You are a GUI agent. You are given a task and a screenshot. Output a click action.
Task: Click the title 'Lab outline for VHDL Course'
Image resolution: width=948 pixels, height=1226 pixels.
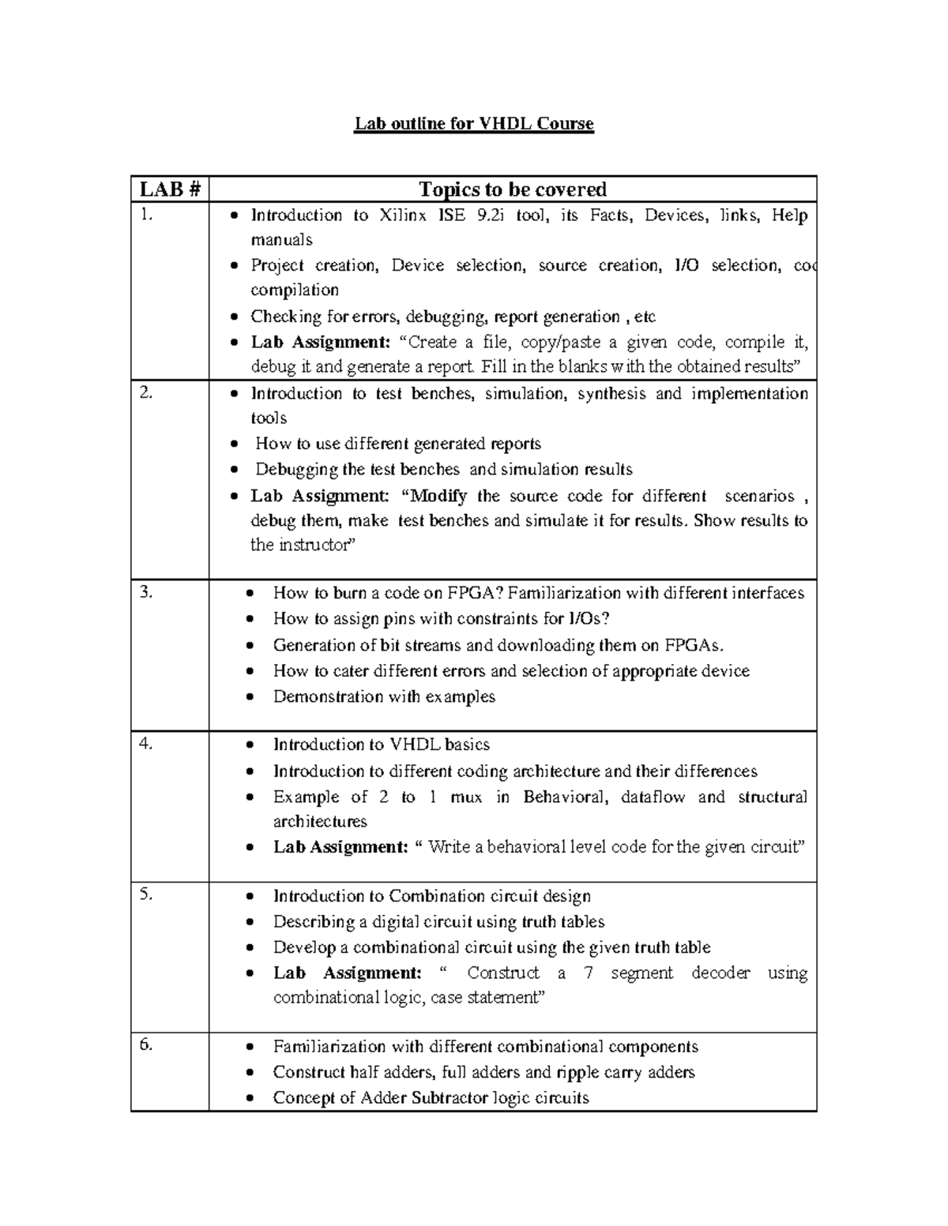coord(473,124)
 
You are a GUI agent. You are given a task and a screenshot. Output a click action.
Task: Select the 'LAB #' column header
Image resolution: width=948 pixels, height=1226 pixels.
coord(170,189)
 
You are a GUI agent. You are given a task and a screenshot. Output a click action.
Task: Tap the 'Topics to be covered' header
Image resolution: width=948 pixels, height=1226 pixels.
coord(513,189)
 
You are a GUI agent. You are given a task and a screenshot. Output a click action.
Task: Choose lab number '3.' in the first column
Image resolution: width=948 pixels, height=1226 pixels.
coord(146,593)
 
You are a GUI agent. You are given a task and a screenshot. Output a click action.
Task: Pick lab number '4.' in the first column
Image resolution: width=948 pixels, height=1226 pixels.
coord(146,744)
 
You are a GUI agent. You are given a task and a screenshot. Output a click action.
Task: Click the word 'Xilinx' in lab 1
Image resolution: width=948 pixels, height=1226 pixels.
coord(404,216)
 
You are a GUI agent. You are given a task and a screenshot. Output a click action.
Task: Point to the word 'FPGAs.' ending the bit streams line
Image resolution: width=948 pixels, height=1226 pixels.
coord(693,645)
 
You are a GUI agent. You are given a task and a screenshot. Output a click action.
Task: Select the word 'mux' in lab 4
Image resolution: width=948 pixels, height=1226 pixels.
coord(465,797)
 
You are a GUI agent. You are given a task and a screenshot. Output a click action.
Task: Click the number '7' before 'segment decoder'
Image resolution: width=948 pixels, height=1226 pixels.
coord(588,973)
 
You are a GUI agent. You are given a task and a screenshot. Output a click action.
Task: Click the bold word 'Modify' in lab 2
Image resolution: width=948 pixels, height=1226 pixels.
coord(438,496)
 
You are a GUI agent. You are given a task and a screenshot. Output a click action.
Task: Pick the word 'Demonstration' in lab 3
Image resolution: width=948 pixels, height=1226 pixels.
coord(325,696)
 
